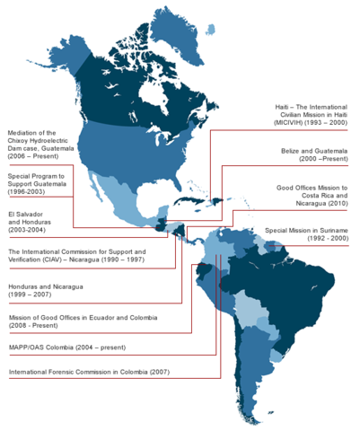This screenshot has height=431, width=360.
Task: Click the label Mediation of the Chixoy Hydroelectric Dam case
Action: (x=40, y=145)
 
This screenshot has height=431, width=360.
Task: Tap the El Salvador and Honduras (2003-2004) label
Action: (x=30, y=221)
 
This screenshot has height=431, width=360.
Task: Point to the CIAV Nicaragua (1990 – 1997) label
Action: (x=76, y=258)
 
